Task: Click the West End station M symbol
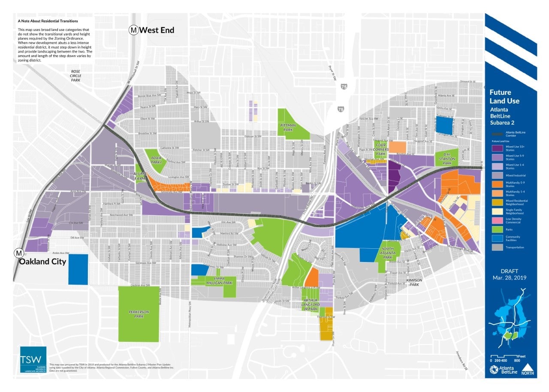(134, 30)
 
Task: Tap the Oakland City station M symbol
(19, 253)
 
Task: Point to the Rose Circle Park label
(76, 75)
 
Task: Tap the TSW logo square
(33, 359)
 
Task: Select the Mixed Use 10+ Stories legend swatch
(498, 148)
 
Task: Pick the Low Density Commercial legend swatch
(498, 220)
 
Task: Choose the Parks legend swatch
(498, 229)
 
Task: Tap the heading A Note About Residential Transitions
(48, 20)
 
